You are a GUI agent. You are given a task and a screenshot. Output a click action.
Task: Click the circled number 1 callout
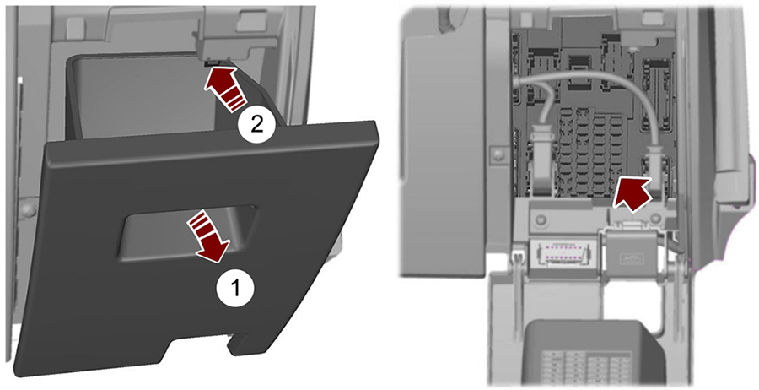pos(237,288)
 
